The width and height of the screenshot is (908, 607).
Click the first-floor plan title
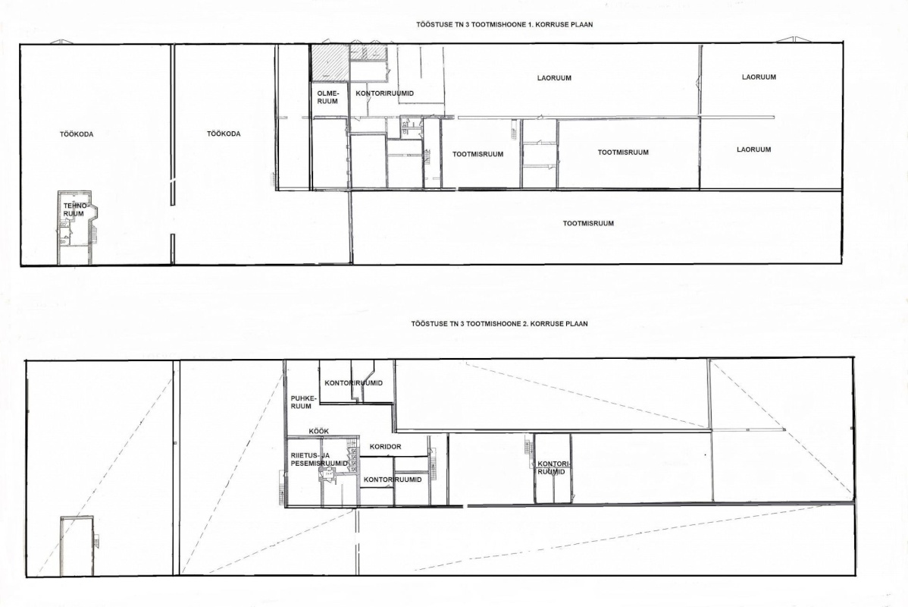point(504,25)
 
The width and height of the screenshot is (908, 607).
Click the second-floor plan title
point(499,323)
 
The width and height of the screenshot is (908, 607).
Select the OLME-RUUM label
point(327,97)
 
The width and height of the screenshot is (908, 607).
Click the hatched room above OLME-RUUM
point(330,63)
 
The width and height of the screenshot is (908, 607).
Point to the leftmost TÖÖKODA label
point(77,134)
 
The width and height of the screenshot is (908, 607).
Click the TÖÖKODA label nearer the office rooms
point(224,134)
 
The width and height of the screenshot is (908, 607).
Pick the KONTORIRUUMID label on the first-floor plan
point(384,93)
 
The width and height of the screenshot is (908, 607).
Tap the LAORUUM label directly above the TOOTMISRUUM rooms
point(554,78)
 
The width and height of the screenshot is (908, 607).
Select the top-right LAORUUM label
point(759,77)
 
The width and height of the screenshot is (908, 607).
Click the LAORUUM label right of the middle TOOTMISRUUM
point(754,149)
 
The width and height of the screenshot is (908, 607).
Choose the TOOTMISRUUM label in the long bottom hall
point(588,223)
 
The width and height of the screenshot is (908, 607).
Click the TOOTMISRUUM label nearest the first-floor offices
point(477,154)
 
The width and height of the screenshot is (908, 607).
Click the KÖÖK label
point(318,431)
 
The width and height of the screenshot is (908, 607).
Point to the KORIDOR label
point(385,447)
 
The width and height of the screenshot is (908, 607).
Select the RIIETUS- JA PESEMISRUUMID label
point(319,460)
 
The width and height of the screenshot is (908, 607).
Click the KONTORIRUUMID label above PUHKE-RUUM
point(354,383)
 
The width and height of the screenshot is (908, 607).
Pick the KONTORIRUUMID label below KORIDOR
point(393,480)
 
